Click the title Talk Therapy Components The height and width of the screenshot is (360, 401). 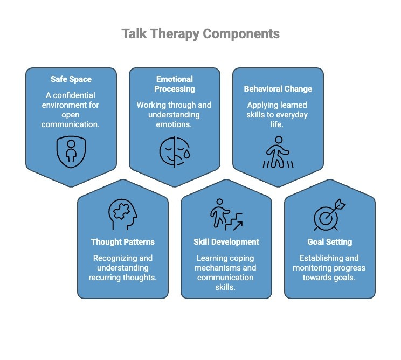[200, 34]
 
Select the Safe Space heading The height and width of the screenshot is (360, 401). [71, 79]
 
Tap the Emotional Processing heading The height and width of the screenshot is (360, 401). [174, 84]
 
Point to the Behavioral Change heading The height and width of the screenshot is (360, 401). [278, 89]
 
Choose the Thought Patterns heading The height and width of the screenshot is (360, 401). [123, 242]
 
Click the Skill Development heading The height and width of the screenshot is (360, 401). [226, 242]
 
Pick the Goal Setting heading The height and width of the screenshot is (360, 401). [329, 242]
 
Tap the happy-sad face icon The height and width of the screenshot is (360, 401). [174, 151]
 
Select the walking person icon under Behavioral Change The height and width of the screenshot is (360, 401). [278, 153]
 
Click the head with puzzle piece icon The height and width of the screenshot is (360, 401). [122, 214]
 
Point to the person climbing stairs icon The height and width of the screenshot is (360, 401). [226, 214]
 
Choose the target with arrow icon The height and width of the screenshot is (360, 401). [329, 214]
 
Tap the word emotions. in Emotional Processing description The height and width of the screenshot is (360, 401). [174, 124]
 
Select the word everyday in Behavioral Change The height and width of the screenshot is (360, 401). [291, 115]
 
